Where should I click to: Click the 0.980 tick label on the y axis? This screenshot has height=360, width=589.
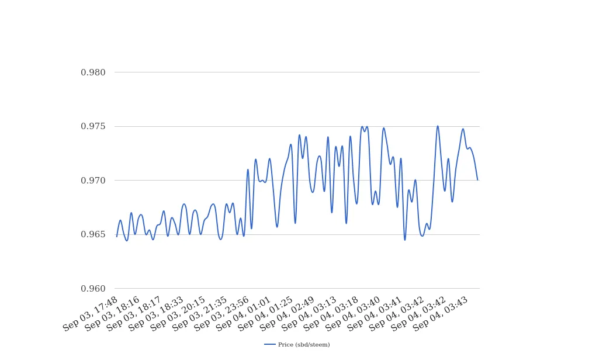[93, 72]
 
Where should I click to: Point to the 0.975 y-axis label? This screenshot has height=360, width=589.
[93, 126]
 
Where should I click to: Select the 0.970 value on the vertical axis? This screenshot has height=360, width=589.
[93, 181]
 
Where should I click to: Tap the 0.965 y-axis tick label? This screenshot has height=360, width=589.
[93, 234]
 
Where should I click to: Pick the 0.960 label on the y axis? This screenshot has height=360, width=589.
[93, 289]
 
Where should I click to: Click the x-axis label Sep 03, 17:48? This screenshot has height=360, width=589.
[91, 314]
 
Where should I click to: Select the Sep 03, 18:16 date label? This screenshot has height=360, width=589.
[112, 314]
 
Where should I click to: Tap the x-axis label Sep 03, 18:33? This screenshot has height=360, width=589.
[156, 314]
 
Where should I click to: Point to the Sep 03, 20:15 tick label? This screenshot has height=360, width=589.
[178, 314]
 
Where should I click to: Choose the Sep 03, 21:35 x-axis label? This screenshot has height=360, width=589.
[200, 314]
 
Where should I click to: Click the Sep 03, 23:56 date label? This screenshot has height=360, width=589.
[222, 314]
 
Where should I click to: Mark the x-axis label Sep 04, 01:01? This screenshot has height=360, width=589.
[244, 314]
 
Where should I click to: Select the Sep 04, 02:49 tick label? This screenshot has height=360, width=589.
[287, 314]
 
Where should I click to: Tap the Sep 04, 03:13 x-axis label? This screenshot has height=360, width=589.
[310, 314]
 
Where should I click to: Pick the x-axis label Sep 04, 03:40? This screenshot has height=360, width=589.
[354, 314]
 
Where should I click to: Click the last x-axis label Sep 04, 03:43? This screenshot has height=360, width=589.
[441, 314]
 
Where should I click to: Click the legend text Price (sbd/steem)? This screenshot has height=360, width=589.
[304, 345]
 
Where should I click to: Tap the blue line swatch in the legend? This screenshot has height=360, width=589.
[270, 345]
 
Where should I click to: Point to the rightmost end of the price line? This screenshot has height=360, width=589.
[477, 180]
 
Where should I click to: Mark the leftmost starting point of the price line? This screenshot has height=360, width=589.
[116, 237]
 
